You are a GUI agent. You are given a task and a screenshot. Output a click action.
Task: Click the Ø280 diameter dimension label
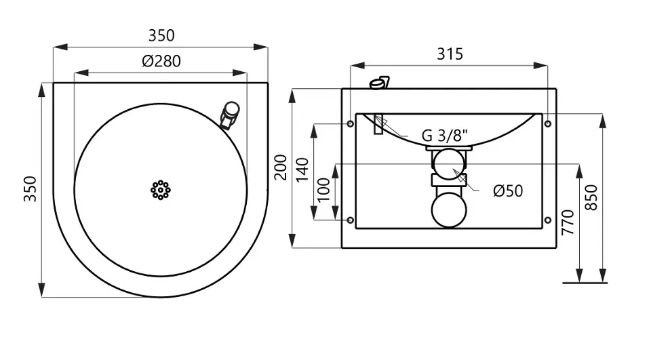click(x=161, y=62)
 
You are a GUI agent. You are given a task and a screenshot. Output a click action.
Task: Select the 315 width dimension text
click(x=450, y=54)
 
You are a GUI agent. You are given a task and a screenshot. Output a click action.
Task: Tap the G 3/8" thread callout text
click(x=445, y=136)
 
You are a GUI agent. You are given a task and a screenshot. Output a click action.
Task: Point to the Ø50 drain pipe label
click(x=508, y=191)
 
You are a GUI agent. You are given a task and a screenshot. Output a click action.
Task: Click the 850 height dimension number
click(x=591, y=197)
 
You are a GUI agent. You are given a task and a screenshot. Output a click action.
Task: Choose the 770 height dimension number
click(x=568, y=222)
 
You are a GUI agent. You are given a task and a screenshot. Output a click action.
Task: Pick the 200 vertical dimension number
click(x=281, y=167)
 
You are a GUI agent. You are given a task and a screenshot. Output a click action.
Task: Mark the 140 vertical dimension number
click(x=302, y=169)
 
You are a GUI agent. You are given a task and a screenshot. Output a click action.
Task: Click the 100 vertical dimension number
click(x=323, y=191)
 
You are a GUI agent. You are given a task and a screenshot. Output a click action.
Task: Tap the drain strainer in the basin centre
click(x=161, y=191)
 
